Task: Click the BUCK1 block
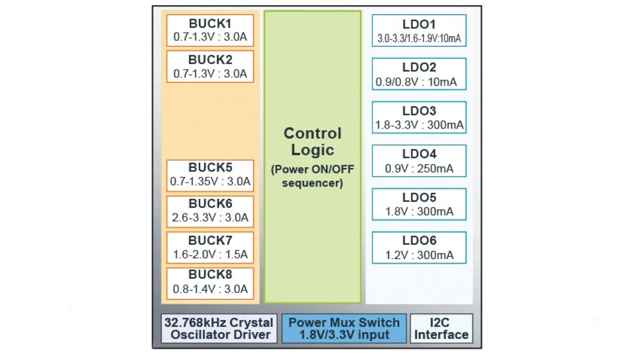point(210,30)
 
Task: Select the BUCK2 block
point(210,66)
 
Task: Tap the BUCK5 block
point(210,175)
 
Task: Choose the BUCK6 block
point(210,211)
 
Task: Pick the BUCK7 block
point(210,247)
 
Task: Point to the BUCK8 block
point(210,283)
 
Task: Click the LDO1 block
point(419,31)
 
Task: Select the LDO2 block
point(419,74)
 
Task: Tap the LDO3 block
point(419,118)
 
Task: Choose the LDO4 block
point(419,161)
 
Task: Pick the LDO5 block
point(419,204)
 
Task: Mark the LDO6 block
point(419,248)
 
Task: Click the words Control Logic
point(313,142)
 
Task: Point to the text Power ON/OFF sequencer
point(313,176)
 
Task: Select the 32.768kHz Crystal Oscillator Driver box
point(219,329)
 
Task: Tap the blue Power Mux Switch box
point(344,329)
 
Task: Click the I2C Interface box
point(441,329)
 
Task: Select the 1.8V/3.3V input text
point(344,335)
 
